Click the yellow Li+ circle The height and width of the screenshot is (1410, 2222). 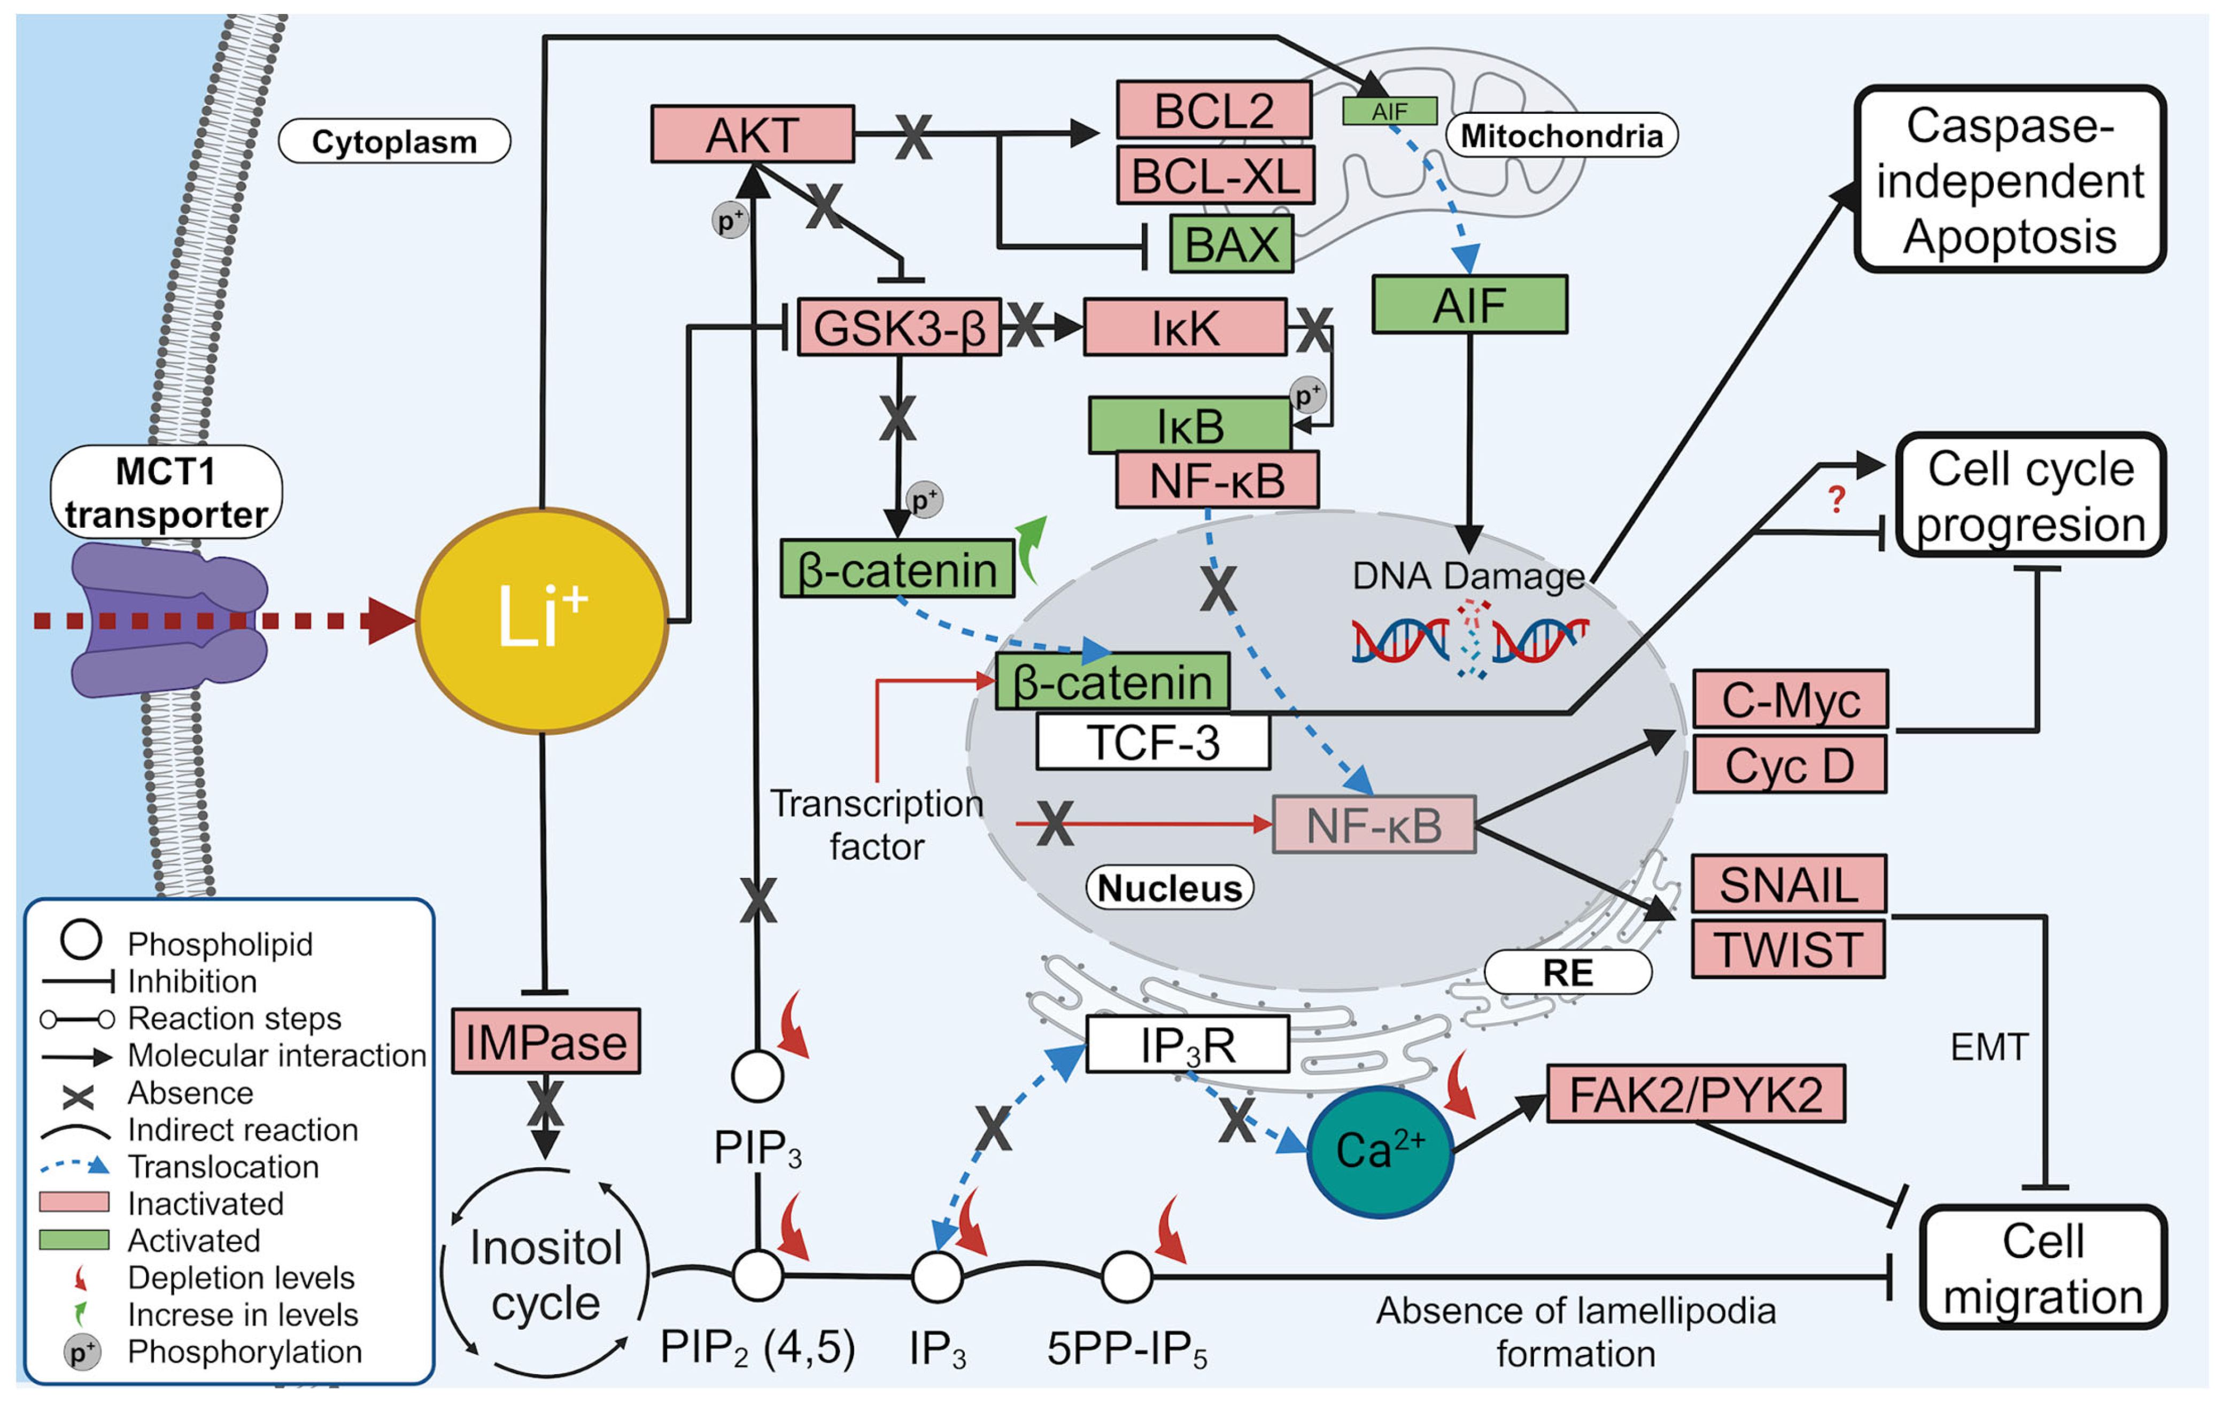pos(541,620)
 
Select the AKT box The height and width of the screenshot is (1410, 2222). pos(752,135)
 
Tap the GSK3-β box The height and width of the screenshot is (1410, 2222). pos(898,327)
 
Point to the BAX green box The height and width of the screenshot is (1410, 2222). pos(1231,244)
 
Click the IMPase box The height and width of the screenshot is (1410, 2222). pos(545,1041)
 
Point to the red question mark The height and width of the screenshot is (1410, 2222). pos(1836,500)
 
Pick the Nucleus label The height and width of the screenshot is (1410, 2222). pos(1169,888)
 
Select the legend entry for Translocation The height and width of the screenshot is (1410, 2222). pos(221,1166)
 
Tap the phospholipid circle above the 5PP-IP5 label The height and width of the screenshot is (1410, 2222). pos(1126,1277)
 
